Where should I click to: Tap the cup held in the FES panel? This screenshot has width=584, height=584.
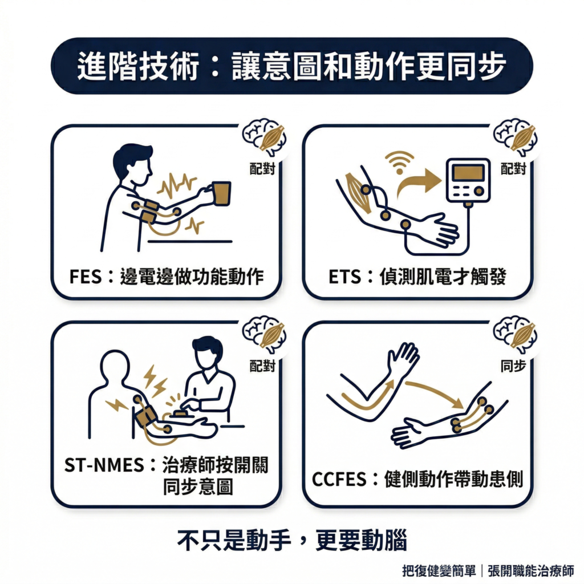pyautogui.click(x=221, y=193)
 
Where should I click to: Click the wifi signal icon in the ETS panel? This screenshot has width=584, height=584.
pyautogui.click(x=399, y=160)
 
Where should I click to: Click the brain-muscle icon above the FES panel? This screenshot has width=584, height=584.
pyautogui.click(x=265, y=137)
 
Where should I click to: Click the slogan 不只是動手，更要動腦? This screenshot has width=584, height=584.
pyautogui.click(x=292, y=540)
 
